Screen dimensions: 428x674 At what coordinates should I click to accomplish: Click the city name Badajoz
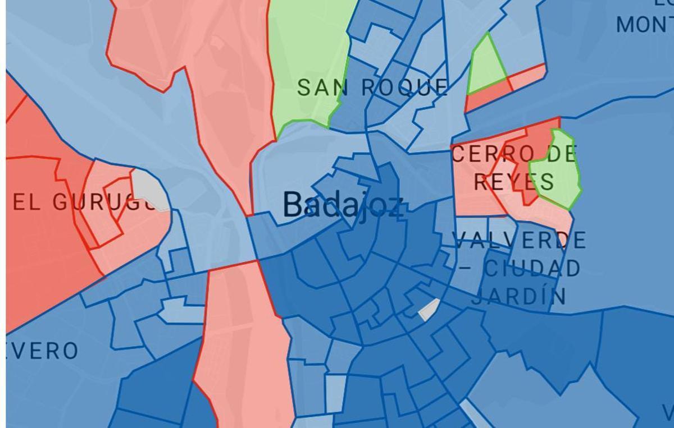click(x=343, y=205)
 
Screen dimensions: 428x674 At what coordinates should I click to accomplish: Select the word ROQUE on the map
click(x=404, y=88)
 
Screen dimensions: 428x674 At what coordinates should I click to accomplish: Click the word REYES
click(x=514, y=182)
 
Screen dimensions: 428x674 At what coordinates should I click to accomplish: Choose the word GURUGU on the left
click(x=107, y=203)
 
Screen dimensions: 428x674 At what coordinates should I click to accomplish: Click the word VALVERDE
click(x=520, y=241)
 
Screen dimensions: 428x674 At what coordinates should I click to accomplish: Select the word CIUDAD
click(x=531, y=269)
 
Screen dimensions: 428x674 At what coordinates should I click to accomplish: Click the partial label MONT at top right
click(x=644, y=25)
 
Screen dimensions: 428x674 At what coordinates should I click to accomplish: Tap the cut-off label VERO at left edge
click(x=42, y=352)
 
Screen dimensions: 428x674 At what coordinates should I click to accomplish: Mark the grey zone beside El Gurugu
click(x=149, y=190)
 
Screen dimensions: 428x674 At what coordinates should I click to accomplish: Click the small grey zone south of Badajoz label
click(x=429, y=309)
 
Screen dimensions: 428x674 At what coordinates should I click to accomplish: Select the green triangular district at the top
click(x=485, y=67)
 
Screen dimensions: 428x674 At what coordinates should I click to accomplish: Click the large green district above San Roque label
click(x=306, y=56)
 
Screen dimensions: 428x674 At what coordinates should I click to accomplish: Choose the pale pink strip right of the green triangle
click(x=528, y=77)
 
